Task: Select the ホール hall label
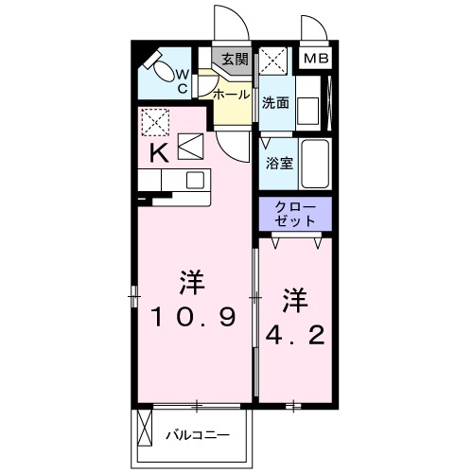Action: [232, 96]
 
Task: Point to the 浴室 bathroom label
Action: [279, 162]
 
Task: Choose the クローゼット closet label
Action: [296, 213]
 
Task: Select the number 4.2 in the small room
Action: [293, 335]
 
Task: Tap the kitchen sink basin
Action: [195, 180]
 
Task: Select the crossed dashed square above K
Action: [154, 120]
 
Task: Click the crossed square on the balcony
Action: [145, 429]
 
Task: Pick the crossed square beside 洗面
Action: [275, 60]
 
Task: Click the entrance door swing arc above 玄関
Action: [226, 24]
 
